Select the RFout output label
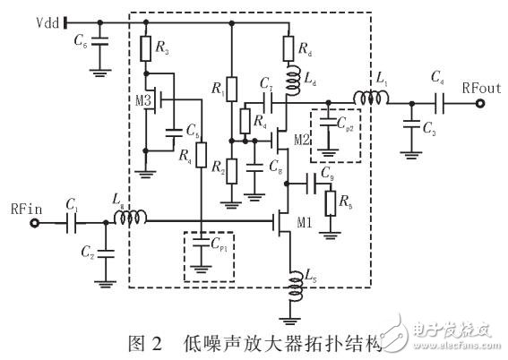click(481, 89)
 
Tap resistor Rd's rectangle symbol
click(289, 47)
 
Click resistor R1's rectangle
click(232, 90)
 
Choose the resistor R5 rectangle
click(332, 202)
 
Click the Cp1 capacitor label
click(219, 241)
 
